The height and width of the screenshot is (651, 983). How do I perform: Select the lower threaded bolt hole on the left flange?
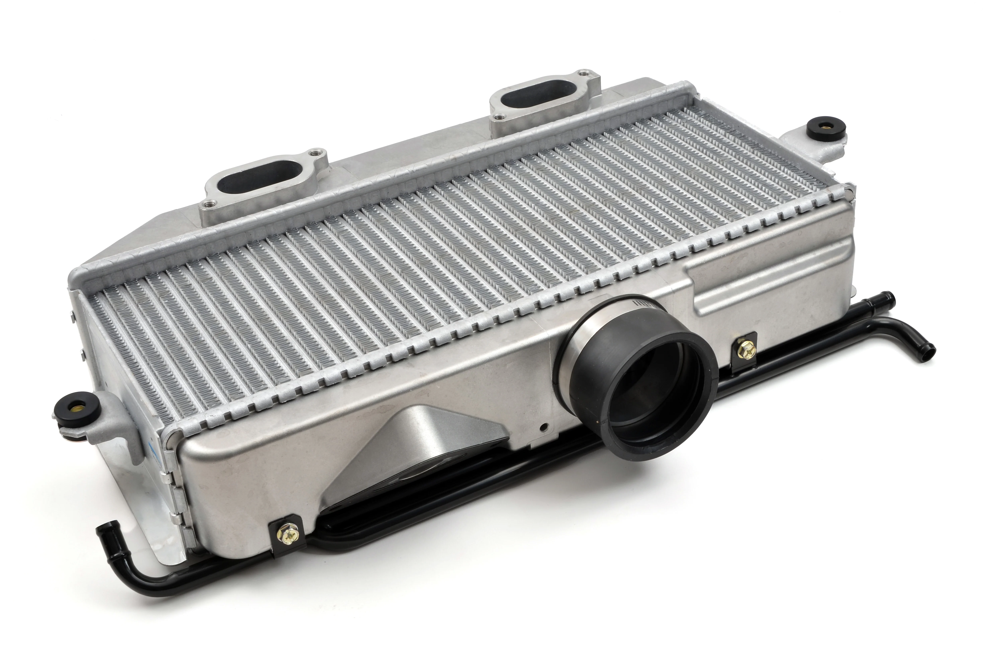pyautogui.click(x=208, y=204)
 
